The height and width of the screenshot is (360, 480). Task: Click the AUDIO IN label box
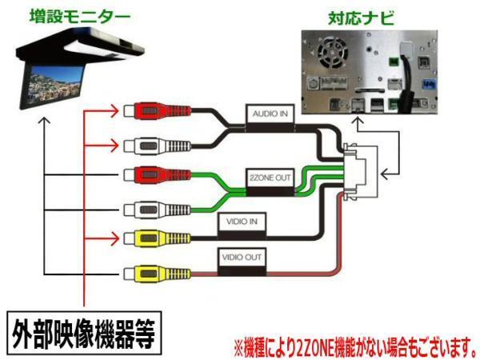pos(270,114)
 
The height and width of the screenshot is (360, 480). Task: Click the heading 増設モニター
pos(69,14)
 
